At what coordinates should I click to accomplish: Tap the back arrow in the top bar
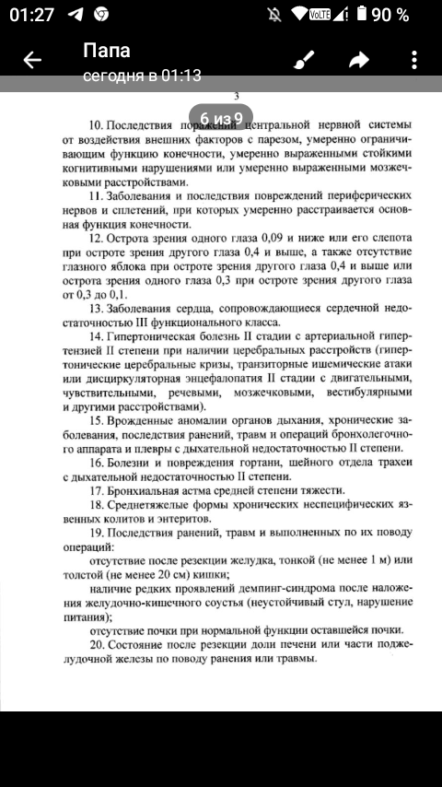pyautogui.click(x=32, y=61)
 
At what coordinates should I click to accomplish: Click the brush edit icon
pyautogui.click(x=303, y=61)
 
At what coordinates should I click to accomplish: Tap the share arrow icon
pyautogui.click(x=358, y=61)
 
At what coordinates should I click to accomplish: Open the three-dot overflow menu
pyautogui.click(x=413, y=61)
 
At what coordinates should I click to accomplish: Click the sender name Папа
pyautogui.click(x=107, y=50)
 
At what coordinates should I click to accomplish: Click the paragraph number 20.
pyautogui.click(x=96, y=644)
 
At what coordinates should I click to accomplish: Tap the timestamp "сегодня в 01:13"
pyautogui.click(x=142, y=76)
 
